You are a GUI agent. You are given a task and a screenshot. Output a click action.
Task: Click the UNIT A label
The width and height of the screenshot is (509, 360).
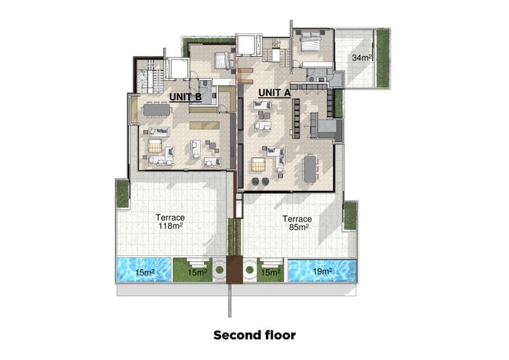coord(274,93)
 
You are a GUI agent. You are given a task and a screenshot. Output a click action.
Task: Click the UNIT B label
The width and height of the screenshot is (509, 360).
coord(185,97)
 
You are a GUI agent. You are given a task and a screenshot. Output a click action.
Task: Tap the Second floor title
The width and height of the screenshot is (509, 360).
coord(254,335)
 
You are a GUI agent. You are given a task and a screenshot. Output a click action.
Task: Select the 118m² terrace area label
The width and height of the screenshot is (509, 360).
coord(169,225)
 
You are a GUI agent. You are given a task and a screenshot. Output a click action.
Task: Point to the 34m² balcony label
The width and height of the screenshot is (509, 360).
coord(361,57)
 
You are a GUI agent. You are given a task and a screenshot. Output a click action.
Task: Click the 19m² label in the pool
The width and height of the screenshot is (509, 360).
coord(321,271)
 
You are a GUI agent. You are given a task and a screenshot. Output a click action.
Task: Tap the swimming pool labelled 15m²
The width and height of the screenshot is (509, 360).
coord(144,270)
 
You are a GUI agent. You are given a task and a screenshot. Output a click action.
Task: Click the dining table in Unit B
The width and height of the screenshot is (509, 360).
coord(156,109)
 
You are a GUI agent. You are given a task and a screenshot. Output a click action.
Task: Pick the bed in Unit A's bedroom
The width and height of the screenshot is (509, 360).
coord(310,41)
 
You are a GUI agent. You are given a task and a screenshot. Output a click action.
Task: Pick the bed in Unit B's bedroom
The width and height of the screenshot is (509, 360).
coord(225,60)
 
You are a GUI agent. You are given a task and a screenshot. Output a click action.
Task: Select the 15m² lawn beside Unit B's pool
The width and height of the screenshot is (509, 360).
coord(193,270)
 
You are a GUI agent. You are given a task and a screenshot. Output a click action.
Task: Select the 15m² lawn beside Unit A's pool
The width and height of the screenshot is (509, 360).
coord(270,270)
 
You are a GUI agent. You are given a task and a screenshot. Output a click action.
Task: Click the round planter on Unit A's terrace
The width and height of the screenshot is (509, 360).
coord(249,270)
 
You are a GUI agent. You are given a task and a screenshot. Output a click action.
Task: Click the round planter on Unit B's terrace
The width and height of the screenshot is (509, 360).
coord(220,270)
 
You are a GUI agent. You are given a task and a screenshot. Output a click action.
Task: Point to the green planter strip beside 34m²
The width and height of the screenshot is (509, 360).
coord(382,57)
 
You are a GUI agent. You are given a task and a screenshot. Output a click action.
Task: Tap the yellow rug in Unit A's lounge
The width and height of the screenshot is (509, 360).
coord(258,164)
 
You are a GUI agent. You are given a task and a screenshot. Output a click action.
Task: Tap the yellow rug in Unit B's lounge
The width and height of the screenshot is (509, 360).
coord(155,146)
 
